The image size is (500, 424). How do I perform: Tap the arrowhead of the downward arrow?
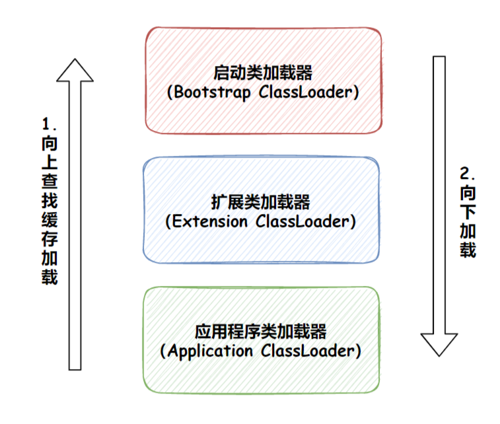(439, 343)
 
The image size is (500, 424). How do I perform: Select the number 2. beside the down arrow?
(467, 174)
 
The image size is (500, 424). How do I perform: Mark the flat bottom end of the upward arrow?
(75, 367)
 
